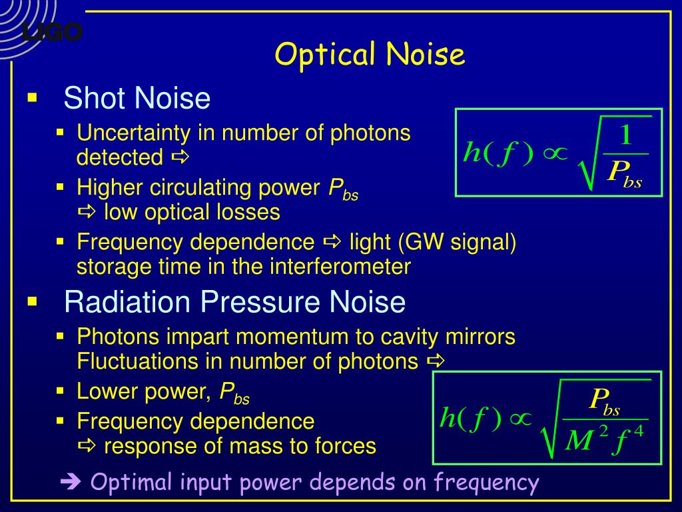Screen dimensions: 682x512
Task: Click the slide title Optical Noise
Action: (x=370, y=55)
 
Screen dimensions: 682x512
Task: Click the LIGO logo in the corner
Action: (x=52, y=31)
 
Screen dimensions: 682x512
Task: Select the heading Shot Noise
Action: (x=137, y=99)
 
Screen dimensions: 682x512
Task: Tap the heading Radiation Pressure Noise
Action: (x=234, y=302)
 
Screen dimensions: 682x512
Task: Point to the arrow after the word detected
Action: (x=180, y=158)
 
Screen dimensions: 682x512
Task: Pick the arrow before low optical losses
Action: (x=87, y=213)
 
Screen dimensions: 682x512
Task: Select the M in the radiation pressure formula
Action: (x=578, y=441)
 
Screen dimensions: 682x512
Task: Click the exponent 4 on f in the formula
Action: (x=638, y=431)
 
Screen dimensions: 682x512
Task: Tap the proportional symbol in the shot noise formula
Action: (x=553, y=153)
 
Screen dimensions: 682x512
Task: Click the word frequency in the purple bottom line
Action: (x=486, y=481)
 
